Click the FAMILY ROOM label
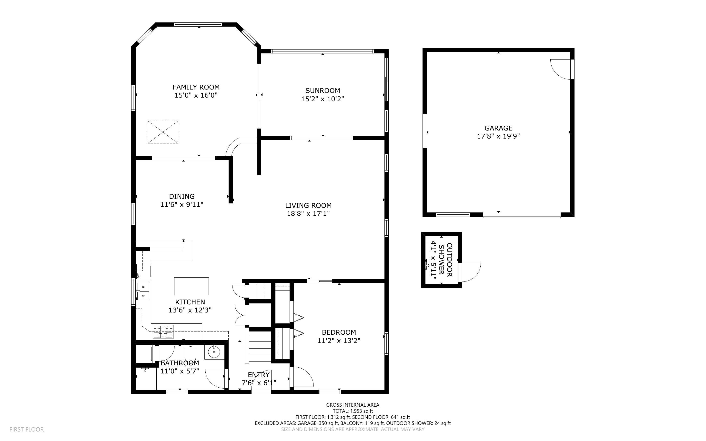(196, 87)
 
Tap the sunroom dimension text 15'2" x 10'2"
(323, 99)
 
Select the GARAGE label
(498, 128)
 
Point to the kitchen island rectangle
(191, 286)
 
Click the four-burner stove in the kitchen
(163, 332)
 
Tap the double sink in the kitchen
(143, 291)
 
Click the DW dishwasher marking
(139, 275)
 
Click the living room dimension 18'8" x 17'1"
(308, 213)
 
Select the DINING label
(182, 196)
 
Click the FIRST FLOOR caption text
(27, 429)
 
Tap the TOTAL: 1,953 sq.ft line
(353, 411)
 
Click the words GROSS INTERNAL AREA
(353, 405)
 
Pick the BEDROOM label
(339, 332)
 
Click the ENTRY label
(259, 375)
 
